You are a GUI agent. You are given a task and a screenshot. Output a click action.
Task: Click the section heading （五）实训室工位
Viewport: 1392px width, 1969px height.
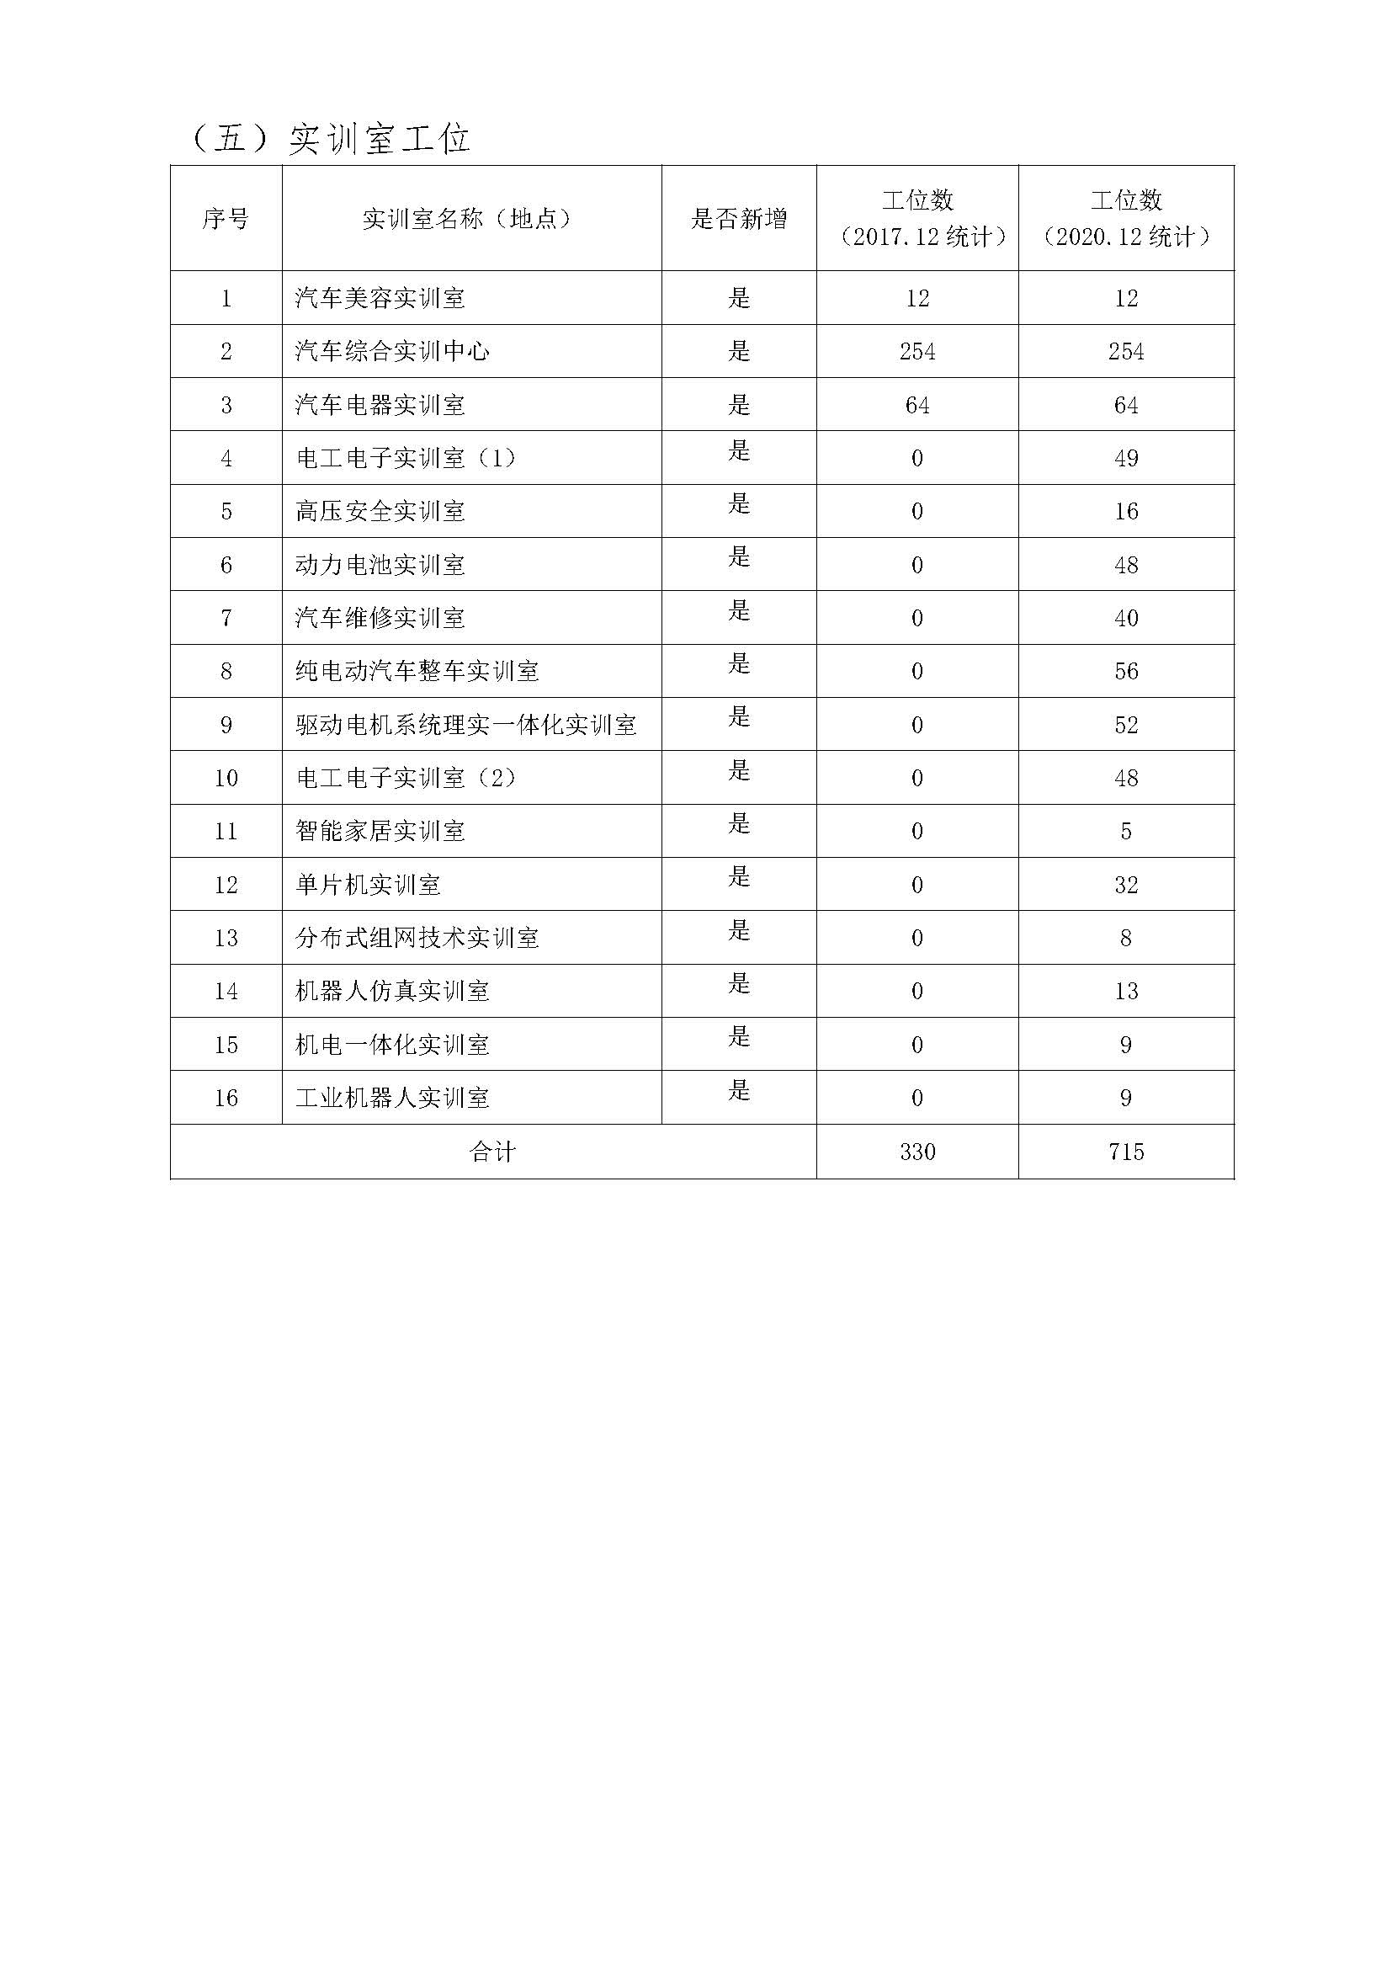tap(329, 139)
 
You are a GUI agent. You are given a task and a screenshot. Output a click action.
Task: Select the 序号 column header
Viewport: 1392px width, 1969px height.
tap(226, 219)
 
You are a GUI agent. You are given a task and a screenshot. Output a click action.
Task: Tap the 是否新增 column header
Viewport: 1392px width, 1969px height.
tap(739, 219)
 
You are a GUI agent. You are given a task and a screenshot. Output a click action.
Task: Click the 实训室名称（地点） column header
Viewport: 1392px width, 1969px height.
tap(467, 219)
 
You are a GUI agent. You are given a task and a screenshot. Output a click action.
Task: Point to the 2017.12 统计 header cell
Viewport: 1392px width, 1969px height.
tap(917, 219)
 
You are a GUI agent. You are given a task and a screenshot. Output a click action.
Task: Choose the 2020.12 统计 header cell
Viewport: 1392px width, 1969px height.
tap(1125, 219)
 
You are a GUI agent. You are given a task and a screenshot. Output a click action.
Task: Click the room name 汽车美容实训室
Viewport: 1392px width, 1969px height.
tap(380, 299)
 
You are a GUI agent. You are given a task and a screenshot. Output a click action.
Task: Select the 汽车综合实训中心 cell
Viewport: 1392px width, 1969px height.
tap(391, 352)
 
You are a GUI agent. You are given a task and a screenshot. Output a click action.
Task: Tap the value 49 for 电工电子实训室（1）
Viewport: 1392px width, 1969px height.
tap(1125, 458)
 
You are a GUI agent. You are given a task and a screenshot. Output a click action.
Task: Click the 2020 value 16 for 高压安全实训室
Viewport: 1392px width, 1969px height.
tap(1125, 511)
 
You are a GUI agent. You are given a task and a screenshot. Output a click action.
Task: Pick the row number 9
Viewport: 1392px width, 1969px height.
tap(226, 725)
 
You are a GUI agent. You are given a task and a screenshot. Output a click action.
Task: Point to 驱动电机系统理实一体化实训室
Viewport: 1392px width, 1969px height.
tap(465, 725)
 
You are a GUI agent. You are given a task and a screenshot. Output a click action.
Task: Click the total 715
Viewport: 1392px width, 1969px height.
tap(1125, 1152)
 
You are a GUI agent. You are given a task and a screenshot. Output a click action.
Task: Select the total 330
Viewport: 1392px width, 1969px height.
tap(917, 1152)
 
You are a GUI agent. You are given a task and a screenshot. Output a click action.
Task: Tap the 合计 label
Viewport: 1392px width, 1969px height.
tap(493, 1152)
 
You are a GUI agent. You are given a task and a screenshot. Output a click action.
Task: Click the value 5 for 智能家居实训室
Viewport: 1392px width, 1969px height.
tap(1125, 831)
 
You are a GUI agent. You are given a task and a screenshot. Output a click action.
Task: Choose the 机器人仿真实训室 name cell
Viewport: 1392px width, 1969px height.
tap(391, 992)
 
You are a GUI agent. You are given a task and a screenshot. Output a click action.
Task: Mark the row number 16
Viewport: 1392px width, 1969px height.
tap(226, 1098)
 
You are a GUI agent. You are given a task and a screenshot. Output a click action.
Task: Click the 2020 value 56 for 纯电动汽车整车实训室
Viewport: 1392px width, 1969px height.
tap(1125, 672)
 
